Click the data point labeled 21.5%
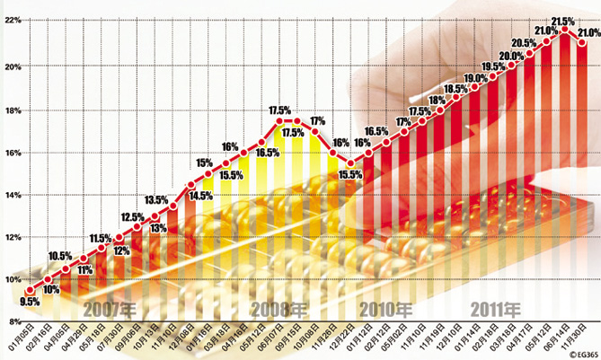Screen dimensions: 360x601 coord(565,31)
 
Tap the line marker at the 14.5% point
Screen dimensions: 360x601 coord(190,185)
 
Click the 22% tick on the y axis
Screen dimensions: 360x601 coord(12,20)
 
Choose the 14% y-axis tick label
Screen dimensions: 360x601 coord(12,194)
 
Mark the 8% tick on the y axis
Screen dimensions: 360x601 coord(12,321)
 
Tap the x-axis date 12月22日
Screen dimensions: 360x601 coord(340,340)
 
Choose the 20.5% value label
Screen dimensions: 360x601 coord(524,43)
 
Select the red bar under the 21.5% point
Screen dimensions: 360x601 coord(565,180)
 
